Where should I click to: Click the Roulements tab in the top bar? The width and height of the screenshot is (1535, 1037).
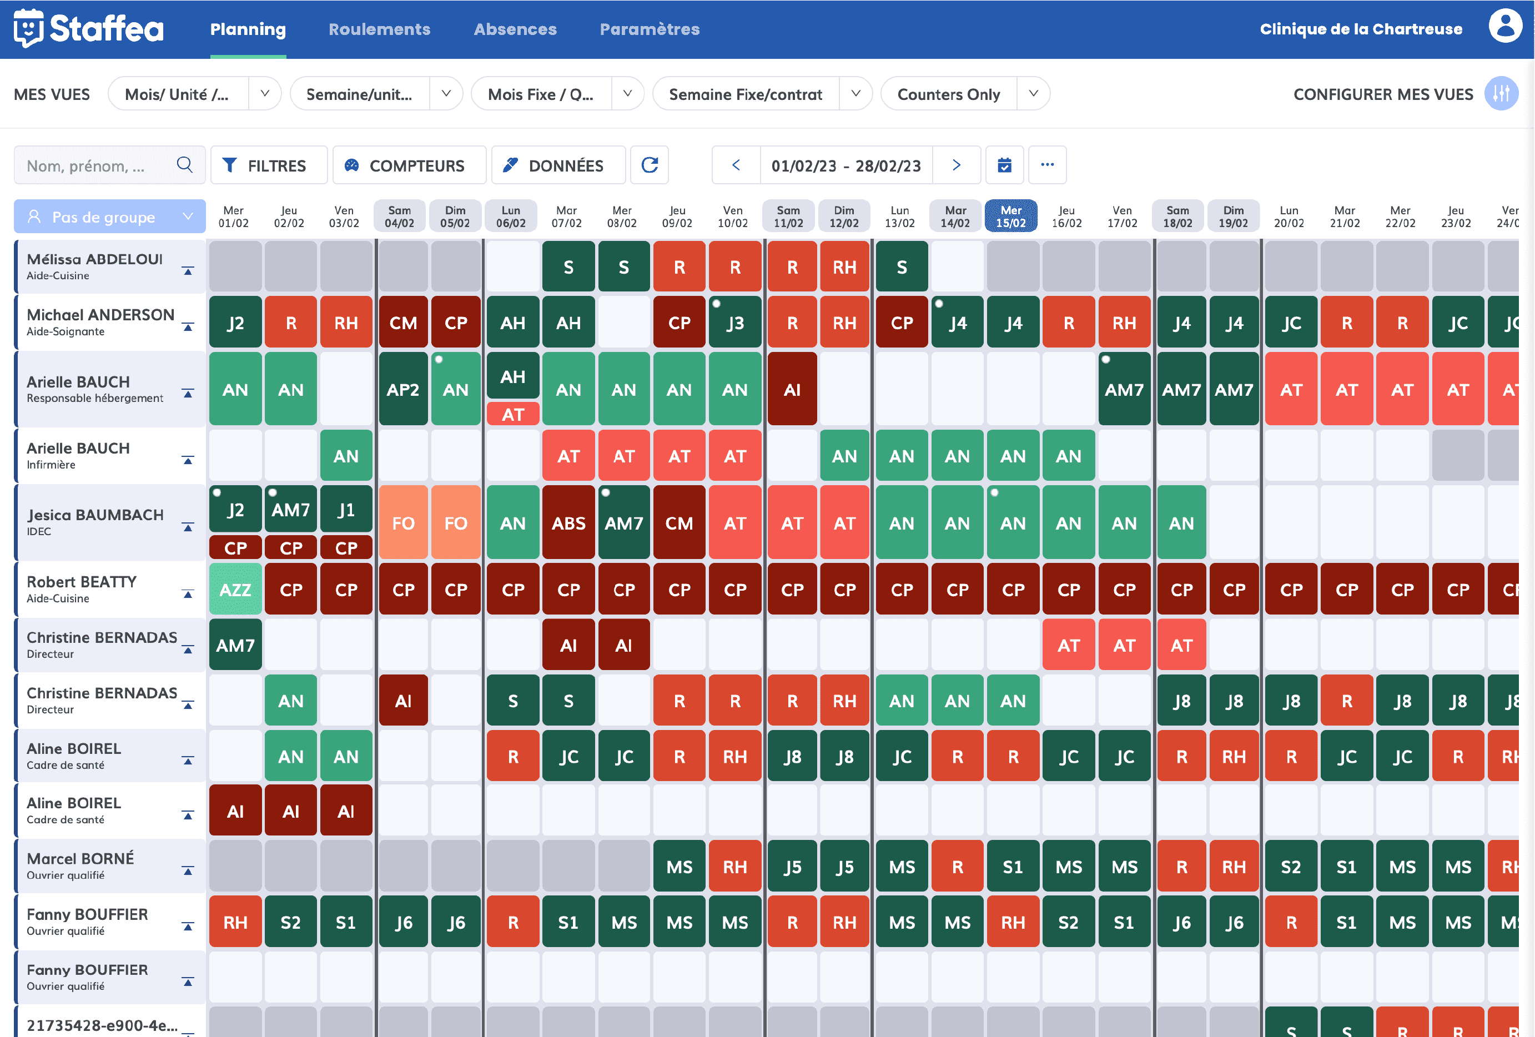coord(379,29)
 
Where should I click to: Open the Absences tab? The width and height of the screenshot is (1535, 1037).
coord(515,29)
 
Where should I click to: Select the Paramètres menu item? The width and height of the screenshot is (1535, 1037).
coord(650,29)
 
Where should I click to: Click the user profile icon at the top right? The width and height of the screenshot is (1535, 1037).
coord(1504,27)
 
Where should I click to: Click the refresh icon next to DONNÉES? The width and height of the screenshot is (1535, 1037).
coord(650,165)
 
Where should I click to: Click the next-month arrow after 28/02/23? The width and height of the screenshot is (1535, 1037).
coord(956,165)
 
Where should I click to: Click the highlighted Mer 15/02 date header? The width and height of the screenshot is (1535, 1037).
coord(1010,217)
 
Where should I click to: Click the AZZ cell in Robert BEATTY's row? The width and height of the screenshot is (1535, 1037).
coord(235,589)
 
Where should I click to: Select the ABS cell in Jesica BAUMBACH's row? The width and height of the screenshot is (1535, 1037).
coord(568,523)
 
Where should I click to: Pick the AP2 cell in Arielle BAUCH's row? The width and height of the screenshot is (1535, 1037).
coord(403,390)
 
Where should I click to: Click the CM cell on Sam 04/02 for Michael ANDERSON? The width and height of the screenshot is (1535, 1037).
coord(403,323)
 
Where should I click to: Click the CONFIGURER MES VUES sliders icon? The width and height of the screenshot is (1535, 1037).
coord(1501,94)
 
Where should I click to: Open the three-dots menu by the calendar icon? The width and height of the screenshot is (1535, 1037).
coord(1047,165)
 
